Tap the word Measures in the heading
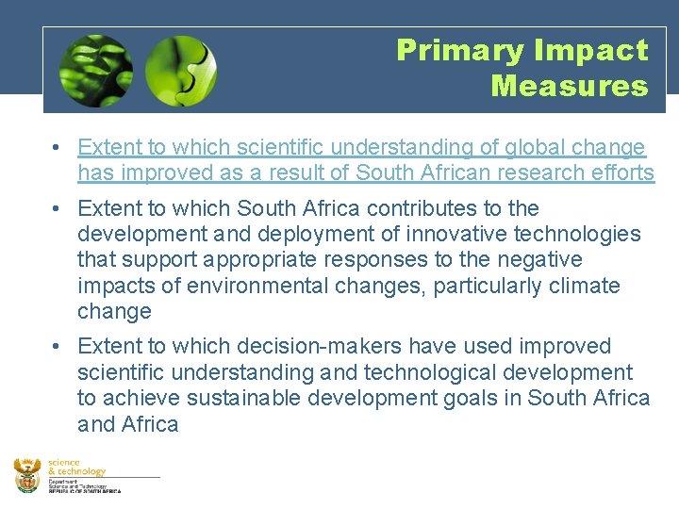coord(569,87)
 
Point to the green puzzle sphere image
coord(181,71)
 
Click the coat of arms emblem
coord(27,475)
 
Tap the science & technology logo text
coord(76,467)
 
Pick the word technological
coord(406,372)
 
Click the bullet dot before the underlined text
coord(58,148)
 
